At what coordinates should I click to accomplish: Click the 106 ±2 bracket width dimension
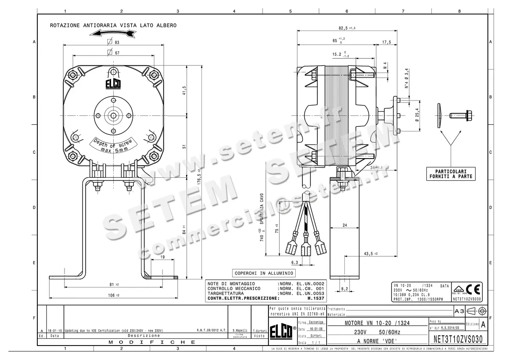pyautogui.click(x=112, y=295)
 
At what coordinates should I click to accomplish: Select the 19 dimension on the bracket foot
pyautogui.click(x=162, y=257)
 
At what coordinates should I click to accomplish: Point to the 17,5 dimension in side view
pyautogui.click(x=386, y=42)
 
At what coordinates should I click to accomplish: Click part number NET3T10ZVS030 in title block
pyautogui.click(x=458, y=339)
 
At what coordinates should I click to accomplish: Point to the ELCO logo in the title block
pyautogui.click(x=282, y=333)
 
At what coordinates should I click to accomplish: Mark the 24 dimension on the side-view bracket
pyautogui.click(x=344, y=225)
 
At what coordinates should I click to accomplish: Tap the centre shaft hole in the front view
pyautogui.click(x=113, y=114)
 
